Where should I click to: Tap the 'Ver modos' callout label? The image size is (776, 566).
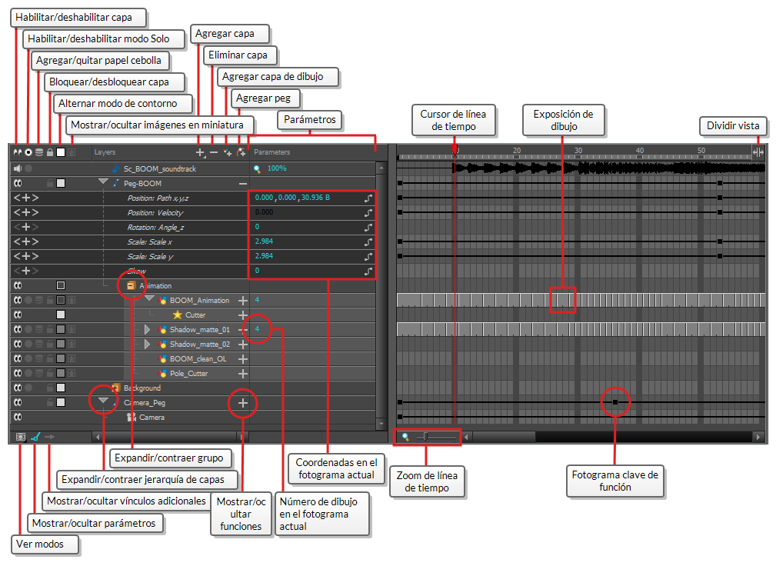pyautogui.click(x=38, y=544)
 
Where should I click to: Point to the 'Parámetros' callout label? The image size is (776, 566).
pyautogui.click(x=310, y=120)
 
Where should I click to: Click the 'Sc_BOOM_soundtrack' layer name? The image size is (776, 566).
pyautogui.click(x=160, y=168)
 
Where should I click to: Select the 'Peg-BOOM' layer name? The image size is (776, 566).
pyautogui.click(x=143, y=183)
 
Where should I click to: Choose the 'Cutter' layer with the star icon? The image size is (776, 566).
pyautogui.click(x=195, y=315)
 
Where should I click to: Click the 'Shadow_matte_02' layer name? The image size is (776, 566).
pyautogui.click(x=200, y=344)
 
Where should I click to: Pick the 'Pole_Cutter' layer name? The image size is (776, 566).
pyautogui.click(x=188, y=373)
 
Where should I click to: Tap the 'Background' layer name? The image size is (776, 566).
pyautogui.click(x=142, y=388)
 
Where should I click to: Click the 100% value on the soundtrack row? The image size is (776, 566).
pyautogui.click(x=277, y=168)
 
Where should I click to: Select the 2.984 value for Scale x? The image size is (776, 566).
pyautogui.click(x=264, y=241)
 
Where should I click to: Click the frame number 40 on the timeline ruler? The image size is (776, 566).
pyautogui.click(x=639, y=150)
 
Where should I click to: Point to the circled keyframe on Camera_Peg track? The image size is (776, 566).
pyautogui.click(x=615, y=402)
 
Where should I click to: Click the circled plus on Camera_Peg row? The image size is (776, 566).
pyautogui.click(x=243, y=402)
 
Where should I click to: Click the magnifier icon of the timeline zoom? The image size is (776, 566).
pyautogui.click(x=405, y=437)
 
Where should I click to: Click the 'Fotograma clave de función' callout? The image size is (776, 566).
pyautogui.click(x=614, y=481)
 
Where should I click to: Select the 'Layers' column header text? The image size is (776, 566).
pyautogui.click(x=105, y=152)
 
